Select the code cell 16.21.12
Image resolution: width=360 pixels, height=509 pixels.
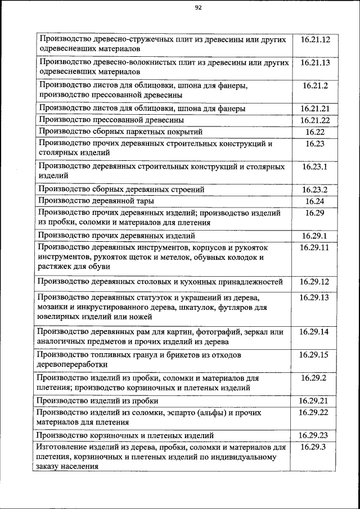(x=315, y=40)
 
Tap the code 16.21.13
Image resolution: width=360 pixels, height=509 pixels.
(x=315, y=62)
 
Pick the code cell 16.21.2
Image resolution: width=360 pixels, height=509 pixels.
(x=315, y=85)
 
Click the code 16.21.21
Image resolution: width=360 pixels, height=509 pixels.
(x=315, y=109)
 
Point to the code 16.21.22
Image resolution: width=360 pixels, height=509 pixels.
(x=315, y=120)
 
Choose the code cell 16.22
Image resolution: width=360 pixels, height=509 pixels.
(x=315, y=132)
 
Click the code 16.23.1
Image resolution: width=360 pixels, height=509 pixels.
(x=315, y=166)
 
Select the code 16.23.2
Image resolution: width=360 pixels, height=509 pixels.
(x=315, y=190)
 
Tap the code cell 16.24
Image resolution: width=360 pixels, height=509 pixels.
(x=315, y=201)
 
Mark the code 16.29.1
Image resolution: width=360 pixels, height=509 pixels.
(x=315, y=236)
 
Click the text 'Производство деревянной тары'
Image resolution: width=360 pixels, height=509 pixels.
(x=96, y=201)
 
